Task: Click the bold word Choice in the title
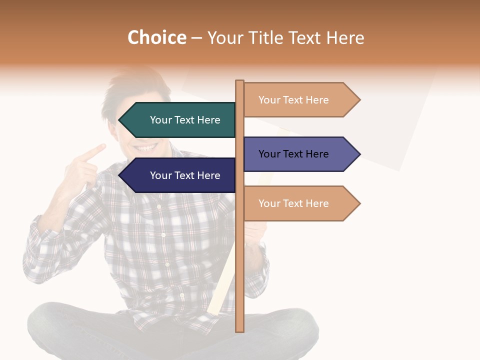[x=156, y=37]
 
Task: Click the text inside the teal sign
[x=185, y=120]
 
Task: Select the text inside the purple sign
[x=293, y=154]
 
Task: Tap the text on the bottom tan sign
[x=293, y=203]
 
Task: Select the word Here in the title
[x=345, y=37]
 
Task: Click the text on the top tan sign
[x=293, y=100]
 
